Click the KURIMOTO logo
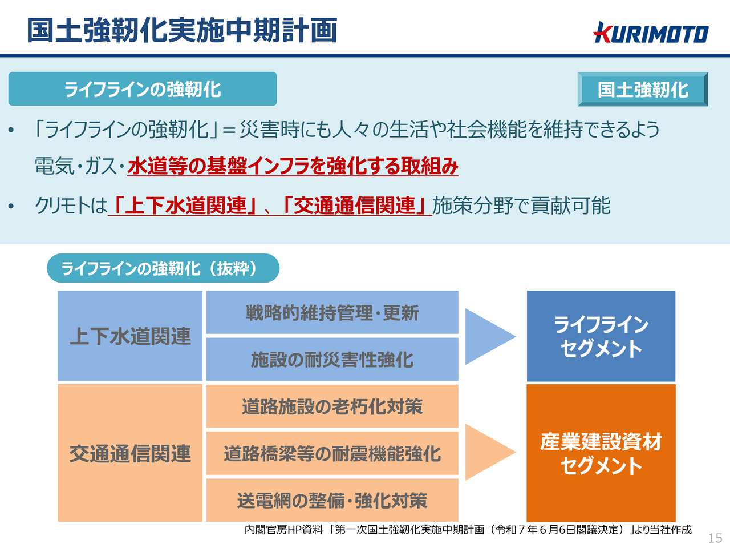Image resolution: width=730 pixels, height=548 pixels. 651,33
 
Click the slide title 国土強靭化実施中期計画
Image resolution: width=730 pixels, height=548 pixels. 182,31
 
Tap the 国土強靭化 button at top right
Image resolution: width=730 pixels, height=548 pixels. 643,89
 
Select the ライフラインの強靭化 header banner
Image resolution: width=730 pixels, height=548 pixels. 143,89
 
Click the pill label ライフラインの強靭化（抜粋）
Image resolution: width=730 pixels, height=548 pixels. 163,268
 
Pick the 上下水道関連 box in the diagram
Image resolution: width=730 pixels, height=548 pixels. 130,336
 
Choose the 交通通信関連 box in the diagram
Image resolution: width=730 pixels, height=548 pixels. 130,453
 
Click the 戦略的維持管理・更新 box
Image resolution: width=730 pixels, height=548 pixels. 332,312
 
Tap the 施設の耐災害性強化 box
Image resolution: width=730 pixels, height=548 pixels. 332,360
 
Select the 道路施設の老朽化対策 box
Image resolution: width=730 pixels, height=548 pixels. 332,406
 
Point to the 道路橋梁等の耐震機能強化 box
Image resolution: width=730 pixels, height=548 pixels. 332,453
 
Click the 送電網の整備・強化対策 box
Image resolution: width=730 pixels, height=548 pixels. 332,500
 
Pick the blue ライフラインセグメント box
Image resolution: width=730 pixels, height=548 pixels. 601,336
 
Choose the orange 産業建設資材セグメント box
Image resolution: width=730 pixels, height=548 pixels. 601,453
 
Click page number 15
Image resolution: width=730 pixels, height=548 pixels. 715,538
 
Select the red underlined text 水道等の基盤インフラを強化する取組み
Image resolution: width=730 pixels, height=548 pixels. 293,166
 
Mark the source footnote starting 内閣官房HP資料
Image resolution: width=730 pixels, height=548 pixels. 468,529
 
